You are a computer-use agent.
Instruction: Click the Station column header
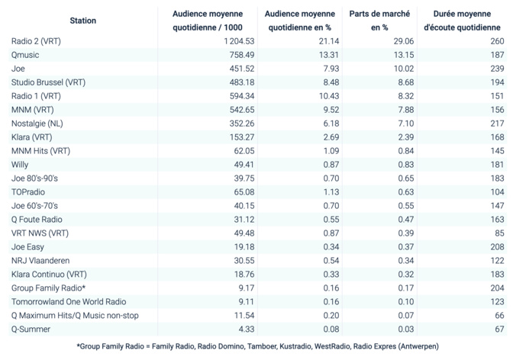pos(82,21)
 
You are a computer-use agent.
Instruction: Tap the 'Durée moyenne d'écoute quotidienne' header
pos(467,21)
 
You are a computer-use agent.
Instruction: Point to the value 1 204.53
pos(234,41)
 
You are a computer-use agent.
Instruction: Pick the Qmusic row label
pos(26,55)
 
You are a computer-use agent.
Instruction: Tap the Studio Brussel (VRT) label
pos(49,82)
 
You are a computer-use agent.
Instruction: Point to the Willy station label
pos(21,165)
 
